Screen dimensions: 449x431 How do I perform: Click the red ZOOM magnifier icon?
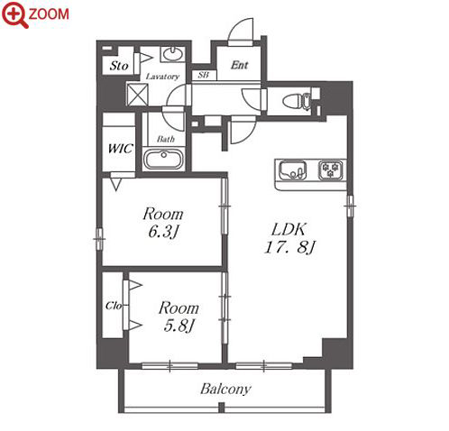14,14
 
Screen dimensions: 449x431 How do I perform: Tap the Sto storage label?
119,66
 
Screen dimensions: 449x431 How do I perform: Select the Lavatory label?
162,77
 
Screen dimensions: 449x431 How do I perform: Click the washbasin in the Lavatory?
172,54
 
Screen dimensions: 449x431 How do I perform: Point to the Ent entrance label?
239,65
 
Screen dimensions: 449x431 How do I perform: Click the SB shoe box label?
204,75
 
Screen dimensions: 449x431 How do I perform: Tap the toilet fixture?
297,100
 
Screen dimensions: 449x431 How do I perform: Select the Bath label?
166,139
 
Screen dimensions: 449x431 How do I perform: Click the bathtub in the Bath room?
164,160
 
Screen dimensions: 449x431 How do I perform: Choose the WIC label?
121,149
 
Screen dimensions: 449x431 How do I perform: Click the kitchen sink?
293,170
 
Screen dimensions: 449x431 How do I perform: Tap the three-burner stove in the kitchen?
331,170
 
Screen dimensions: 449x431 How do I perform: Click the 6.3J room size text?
164,232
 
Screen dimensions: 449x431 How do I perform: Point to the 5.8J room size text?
179,326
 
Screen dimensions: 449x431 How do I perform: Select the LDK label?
289,230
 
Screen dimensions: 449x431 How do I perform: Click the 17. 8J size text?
289,248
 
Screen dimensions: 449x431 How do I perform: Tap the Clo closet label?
114,306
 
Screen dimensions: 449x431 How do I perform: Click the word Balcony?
225,389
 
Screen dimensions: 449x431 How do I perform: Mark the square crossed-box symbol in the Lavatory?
138,95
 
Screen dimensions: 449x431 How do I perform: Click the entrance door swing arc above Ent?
241,29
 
